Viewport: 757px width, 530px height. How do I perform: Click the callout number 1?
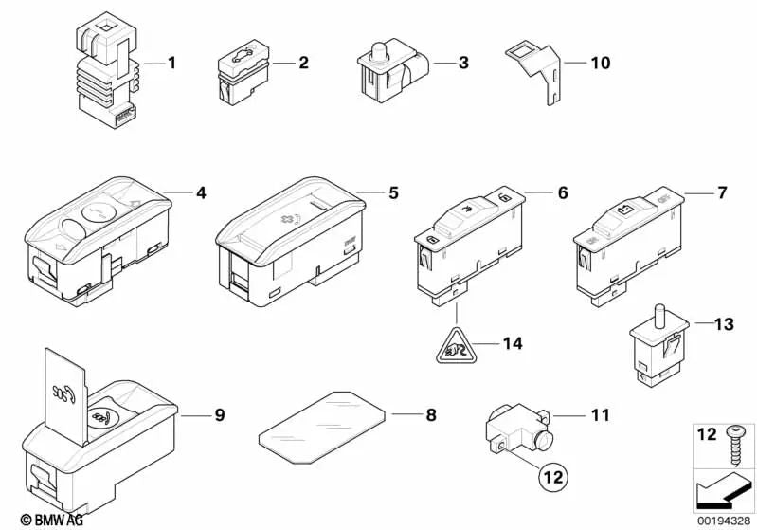tap(171, 64)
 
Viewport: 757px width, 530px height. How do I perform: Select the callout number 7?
tap(721, 193)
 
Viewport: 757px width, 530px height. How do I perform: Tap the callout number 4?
tap(201, 193)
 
